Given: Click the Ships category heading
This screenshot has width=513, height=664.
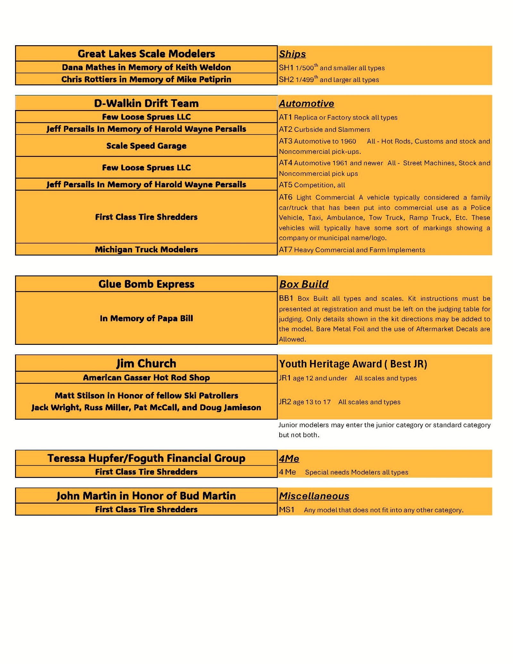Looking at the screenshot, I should click(292, 54).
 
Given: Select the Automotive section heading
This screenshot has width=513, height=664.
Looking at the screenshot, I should click(306, 103).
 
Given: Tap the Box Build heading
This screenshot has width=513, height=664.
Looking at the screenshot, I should click(304, 284).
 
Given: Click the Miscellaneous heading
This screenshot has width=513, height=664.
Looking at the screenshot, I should click(314, 496).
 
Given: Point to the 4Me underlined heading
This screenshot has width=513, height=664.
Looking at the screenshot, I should click(289, 459).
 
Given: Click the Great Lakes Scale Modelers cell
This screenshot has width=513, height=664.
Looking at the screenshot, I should click(146, 54).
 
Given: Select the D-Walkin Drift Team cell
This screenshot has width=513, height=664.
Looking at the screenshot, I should click(146, 103).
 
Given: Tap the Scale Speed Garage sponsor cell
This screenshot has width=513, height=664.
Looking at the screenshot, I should click(146, 146).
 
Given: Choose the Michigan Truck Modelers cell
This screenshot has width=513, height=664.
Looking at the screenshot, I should click(146, 250).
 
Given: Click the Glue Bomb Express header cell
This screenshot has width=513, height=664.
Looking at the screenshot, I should click(146, 284).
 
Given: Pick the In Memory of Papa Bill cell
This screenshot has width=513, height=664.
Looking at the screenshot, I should click(146, 318).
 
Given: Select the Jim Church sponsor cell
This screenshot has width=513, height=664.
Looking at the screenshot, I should click(146, 363).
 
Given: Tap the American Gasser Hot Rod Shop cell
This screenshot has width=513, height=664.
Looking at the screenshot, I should click(146, 378).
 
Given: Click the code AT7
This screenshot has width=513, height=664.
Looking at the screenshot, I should click(285, 250).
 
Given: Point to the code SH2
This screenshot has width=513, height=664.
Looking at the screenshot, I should click(286, 80).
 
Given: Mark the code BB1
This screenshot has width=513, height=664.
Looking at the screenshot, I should click(286, 298).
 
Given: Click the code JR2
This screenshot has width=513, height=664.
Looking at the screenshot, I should click(285, 402).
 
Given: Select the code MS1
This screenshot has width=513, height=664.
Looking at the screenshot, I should click(286, 510).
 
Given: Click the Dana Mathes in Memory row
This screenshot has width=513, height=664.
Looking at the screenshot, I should click(146, 67).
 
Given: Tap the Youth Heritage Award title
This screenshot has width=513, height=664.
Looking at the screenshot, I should click(353, 364).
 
